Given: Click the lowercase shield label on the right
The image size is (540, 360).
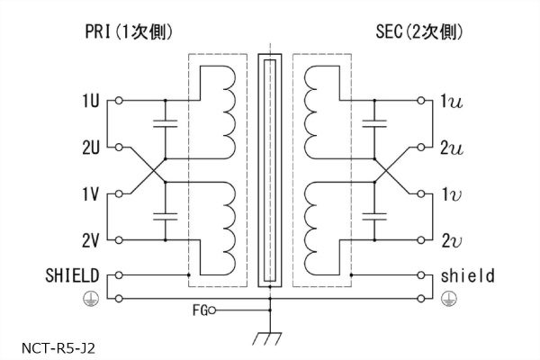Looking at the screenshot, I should pyautogui.click(x=468, y=275).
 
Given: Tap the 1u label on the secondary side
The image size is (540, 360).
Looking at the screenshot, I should pyautogui.click(x=451, y=101).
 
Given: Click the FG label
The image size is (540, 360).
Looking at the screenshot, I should pyautogui.click(x=199, y=311).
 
